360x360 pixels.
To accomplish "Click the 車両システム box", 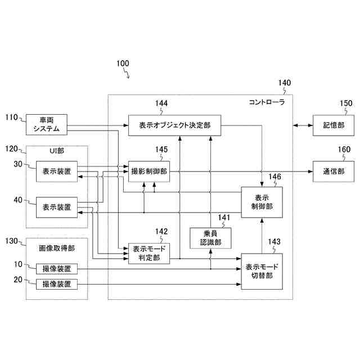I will [x=46, y=124].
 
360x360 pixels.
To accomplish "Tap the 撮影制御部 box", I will [x=149, y=170].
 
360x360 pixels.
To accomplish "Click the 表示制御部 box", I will [x=262, y=202].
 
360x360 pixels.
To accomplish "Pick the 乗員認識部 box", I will [x=211, y=238].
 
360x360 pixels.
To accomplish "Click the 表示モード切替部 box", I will [x=262, y=271].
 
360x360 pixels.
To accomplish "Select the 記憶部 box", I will [x=334, y=124].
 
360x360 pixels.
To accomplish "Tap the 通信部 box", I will [x=334, y=170].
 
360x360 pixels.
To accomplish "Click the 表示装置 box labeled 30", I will [x=57, y=171].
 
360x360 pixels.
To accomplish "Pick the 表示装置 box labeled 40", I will [x=57, y=207].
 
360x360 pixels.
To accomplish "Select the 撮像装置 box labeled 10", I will [x=57, y=269].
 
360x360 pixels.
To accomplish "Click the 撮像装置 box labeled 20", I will [x=57, y=284].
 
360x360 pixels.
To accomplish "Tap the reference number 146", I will [x=274, y=177].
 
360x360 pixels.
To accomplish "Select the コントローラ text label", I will [x=267, y=103].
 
